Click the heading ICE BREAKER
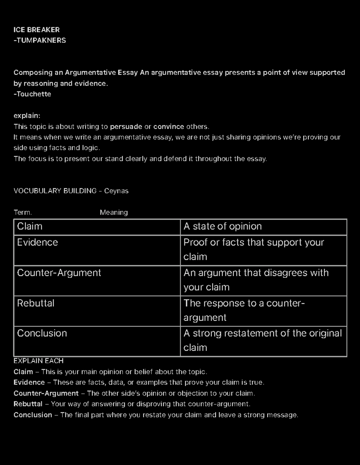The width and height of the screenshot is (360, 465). [37, 30]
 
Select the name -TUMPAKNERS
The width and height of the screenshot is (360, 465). [40, 40]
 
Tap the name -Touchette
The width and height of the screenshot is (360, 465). [32, 94]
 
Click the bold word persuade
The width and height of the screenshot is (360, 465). [126, 126]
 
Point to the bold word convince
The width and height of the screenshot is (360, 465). [169, 126]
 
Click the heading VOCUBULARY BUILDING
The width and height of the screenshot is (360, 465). [55, 191]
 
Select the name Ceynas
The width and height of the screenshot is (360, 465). [116, 191]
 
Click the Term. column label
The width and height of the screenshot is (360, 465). [22, 212]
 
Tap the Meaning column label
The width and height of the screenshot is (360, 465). [114, 212]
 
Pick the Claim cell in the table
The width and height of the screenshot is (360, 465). [30, 226]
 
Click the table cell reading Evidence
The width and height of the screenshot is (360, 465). [37, 242]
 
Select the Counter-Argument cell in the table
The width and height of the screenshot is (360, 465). [59, 273]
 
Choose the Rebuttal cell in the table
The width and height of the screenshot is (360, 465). [36, 303]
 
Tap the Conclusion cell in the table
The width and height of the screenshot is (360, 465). [42, 333]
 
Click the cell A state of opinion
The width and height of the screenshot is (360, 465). [223, 226]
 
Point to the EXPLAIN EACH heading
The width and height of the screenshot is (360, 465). [38, 361]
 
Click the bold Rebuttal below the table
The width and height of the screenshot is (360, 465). [28, 404]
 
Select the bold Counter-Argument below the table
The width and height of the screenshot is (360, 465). [46, 393]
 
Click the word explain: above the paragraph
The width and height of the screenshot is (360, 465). [27, 116]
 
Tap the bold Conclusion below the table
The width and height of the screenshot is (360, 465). [33, 415]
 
